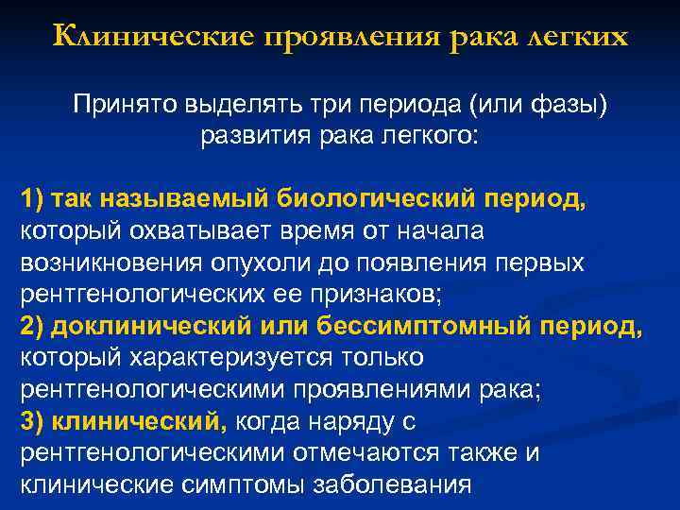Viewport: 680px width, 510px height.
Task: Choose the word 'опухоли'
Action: click(285, 263)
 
